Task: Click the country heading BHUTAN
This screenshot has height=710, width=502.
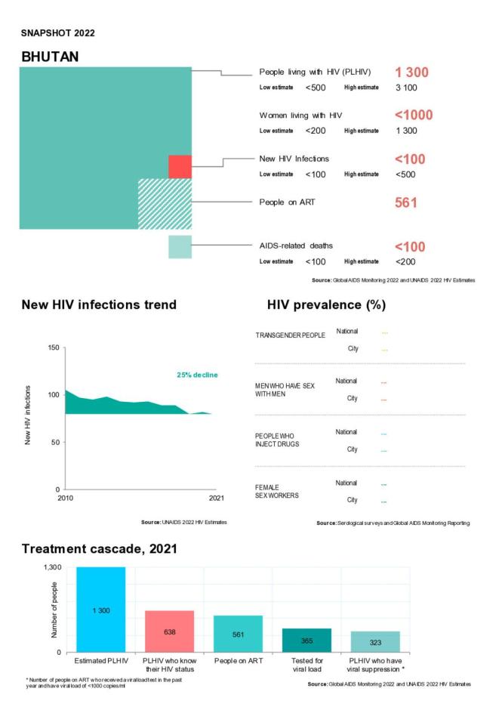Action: tap(51, 57)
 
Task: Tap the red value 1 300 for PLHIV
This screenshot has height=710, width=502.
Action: tap(411, 73)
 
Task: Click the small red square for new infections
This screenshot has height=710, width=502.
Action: tap(180, 166)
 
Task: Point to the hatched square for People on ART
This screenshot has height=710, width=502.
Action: tap(165, 203)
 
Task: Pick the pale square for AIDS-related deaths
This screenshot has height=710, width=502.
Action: tap(180, 247)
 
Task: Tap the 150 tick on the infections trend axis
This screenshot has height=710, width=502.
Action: tap(52, 348)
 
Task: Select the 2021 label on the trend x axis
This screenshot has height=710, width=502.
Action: tap(216, 498)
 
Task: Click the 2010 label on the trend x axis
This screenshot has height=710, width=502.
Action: tap(66, 498)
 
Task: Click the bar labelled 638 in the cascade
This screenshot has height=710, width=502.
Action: tap(169, 631)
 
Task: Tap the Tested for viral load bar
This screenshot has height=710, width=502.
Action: tap(306, 640)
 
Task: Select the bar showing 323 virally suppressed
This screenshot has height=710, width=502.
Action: tap(375, 641)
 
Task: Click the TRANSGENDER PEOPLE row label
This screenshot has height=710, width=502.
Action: tap(289, 335)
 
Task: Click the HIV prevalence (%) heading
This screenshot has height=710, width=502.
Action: tap(326, 305)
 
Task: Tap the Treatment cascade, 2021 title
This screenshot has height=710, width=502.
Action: tap(98, 549)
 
